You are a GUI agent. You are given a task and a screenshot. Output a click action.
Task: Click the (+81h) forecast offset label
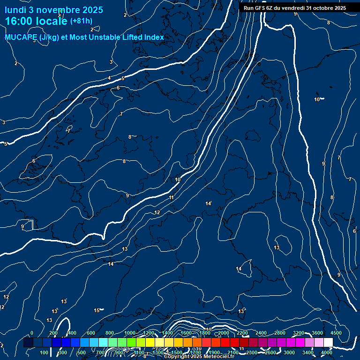click(x=81, y=21)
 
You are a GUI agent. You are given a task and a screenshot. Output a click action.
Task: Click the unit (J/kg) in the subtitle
click(x=50, y=37)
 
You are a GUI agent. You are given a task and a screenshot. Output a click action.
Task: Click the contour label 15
click(x=97, y=310)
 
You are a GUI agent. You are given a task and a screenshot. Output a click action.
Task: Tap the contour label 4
click(x=109, y=78)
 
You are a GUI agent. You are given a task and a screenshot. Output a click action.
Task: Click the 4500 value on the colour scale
click(x=336, y=333)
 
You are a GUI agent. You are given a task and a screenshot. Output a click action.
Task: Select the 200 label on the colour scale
click(x=53, y=333)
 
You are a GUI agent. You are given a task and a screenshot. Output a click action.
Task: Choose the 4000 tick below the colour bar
click(x=327, y=352)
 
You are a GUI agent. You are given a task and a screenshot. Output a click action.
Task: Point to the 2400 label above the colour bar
click(x=261, y=333)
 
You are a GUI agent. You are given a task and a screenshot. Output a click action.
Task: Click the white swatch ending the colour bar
click(x=328, y=343)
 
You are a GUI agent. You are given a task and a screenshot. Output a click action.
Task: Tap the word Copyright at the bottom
click(x=177, y=357)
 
